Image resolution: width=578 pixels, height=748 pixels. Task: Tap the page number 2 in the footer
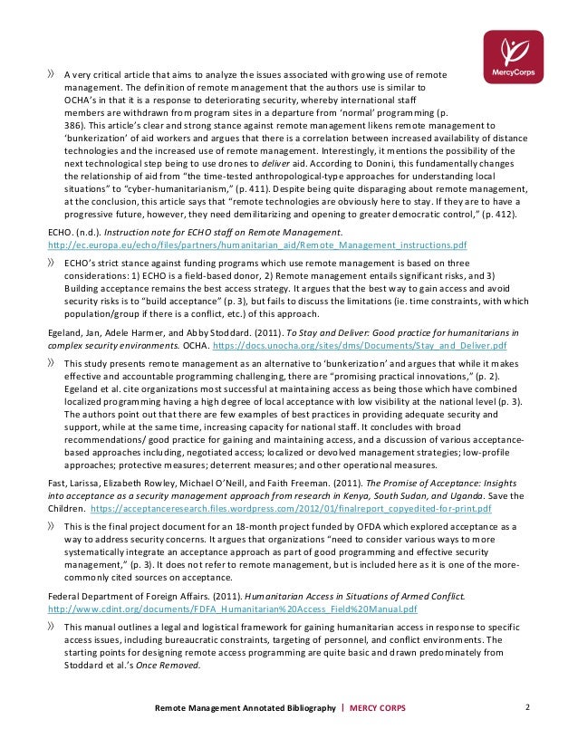[527, 705]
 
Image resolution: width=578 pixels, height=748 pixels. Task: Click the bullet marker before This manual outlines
[51, 626]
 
